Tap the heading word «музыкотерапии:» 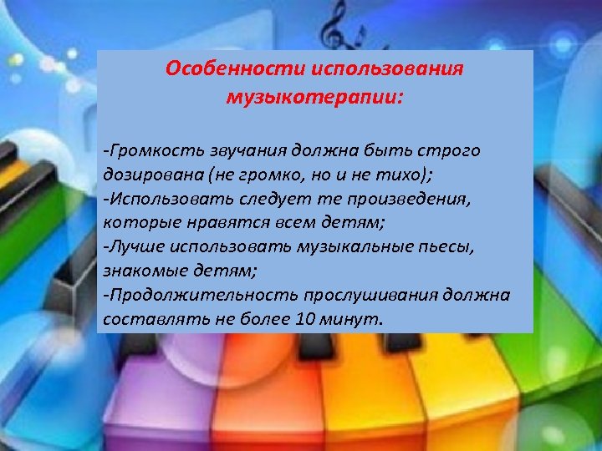pos(314,97)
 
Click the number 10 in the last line pos(305,319)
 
